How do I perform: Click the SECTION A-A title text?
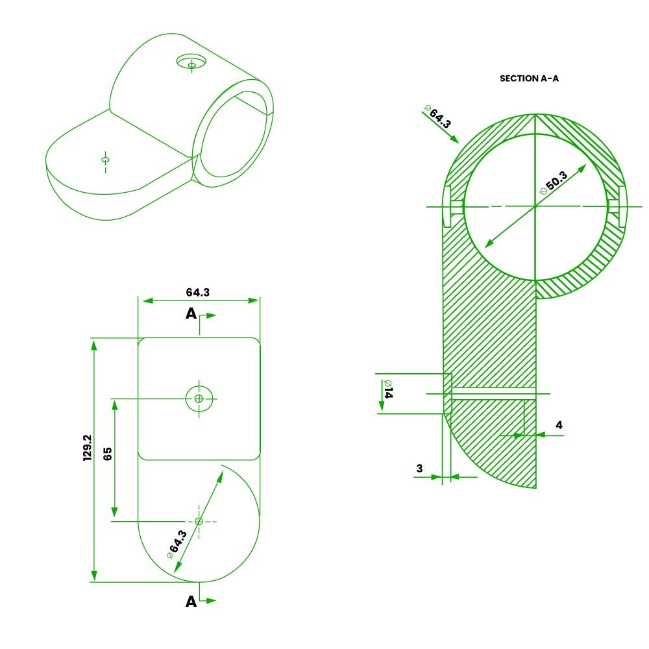pyautogui.click(x=529, y=79)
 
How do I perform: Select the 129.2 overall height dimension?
pyautogui.click(x=88, y=448)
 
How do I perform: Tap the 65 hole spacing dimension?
pyautogui.click(x=107, y=454)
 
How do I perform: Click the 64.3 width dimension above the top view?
pyautogui.click(x=197, y=292)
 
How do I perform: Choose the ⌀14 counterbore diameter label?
pyautogui.click(x=388, y=389)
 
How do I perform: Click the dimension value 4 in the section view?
pyautogui.click(x=559, y=424)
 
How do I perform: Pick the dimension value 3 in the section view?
pyautogui.click(x=419, y=468)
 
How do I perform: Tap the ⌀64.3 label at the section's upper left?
pyautogui.click(x=437, y=116)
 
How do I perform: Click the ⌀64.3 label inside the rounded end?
pyautogui.click(x=177, y=544)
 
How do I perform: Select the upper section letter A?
pyautogui.click(x=191, y=313)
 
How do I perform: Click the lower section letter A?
pyautogui.click(x=191, y=601)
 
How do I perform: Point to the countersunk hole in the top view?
pyautogui.click(x=199, y=398)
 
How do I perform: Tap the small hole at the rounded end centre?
pyautogui.click(x=199, y=521)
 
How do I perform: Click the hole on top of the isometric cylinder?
pyautogui.click(x=191, y=62)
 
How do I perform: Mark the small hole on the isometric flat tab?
pyautogui.click(x=106, y=160)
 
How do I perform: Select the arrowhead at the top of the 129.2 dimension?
pyautogui.click(x=94, y=345)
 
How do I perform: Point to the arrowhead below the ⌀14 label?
pyautogui.click(x=381, y=406)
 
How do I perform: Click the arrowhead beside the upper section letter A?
pyautogui.click(x=211, y=315)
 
